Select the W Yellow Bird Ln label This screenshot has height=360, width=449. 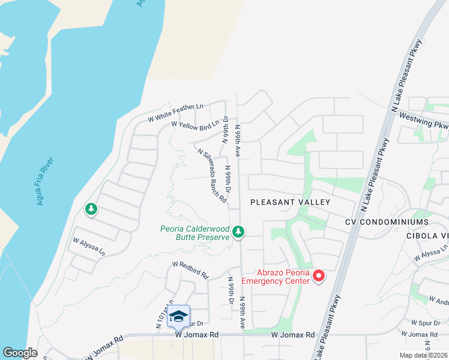pyautogui.click(x=195, y=124)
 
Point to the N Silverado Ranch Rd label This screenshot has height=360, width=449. pyautogui.click(x=212, y=175)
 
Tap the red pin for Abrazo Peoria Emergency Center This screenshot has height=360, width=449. pyautogui.click(x=319, y=276)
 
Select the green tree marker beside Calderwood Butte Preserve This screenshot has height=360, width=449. pyautogui.click(x=238, y=232)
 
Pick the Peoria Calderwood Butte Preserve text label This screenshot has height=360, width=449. pyautogui.click(x=195, y=232)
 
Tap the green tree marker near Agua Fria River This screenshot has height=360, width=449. pyautogui.click(x=91, y=209)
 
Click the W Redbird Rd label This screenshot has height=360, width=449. pyautogui.click(x=190, y=269)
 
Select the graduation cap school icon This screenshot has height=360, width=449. pyautogui.click(x=178, y=316)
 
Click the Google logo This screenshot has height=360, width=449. pyautogui.click(x=20, y=353)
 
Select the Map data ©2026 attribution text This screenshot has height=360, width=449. pyautogui.click(x=424, y=355)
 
